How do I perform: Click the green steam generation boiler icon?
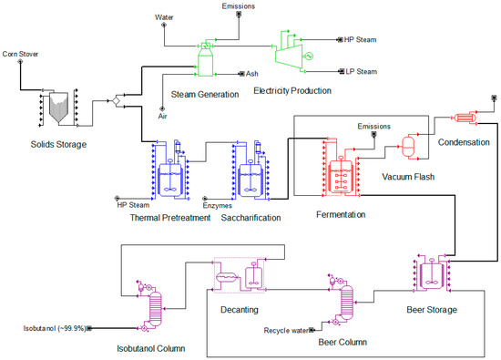(209, 60)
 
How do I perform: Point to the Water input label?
(164, 16)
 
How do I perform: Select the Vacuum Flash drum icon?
(409, 146)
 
